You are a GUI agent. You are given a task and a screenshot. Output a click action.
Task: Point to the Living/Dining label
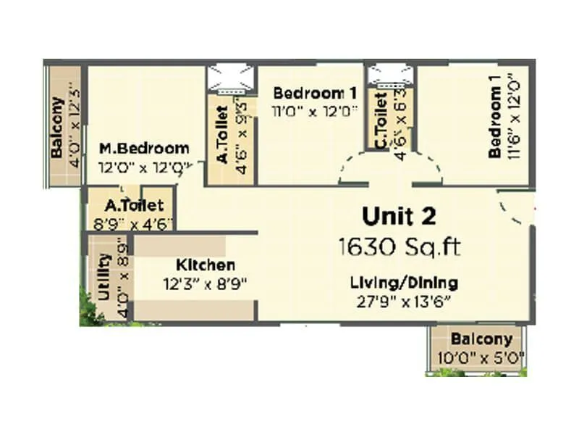click(404, 282)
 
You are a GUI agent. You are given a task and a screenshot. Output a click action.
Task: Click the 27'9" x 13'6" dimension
click(404, 300)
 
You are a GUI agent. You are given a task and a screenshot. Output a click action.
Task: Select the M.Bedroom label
click(144, 149)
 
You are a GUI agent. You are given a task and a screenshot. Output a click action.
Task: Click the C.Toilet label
click(381, 128)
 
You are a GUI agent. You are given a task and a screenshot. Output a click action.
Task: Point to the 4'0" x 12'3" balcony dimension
click(72, 125)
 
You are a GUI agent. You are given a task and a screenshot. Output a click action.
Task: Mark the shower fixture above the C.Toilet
click(390, 76)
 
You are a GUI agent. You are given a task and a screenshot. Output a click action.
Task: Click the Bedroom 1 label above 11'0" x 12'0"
click(315, 94)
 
